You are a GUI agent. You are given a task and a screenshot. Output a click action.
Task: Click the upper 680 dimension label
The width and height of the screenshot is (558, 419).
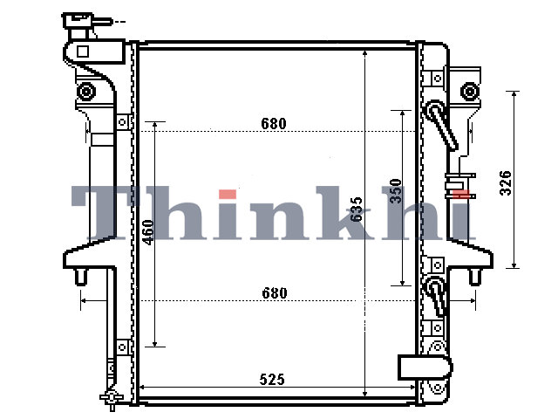273,124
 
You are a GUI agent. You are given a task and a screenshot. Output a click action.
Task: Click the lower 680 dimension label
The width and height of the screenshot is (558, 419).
274,293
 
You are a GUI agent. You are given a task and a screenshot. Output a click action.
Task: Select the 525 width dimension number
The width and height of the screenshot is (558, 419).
272,380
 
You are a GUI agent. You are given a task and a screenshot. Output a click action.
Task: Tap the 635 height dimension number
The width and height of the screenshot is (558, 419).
356,209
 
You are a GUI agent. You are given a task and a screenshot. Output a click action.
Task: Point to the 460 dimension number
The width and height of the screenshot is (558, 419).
148,232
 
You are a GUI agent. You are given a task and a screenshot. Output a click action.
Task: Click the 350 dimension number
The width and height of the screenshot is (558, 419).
395,191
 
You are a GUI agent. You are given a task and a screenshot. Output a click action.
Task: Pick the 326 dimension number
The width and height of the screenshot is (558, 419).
506,183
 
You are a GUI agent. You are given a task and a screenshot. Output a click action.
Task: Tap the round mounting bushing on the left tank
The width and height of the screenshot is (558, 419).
86,92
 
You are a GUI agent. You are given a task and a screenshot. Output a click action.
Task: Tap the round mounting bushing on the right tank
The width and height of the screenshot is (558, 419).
470,92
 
